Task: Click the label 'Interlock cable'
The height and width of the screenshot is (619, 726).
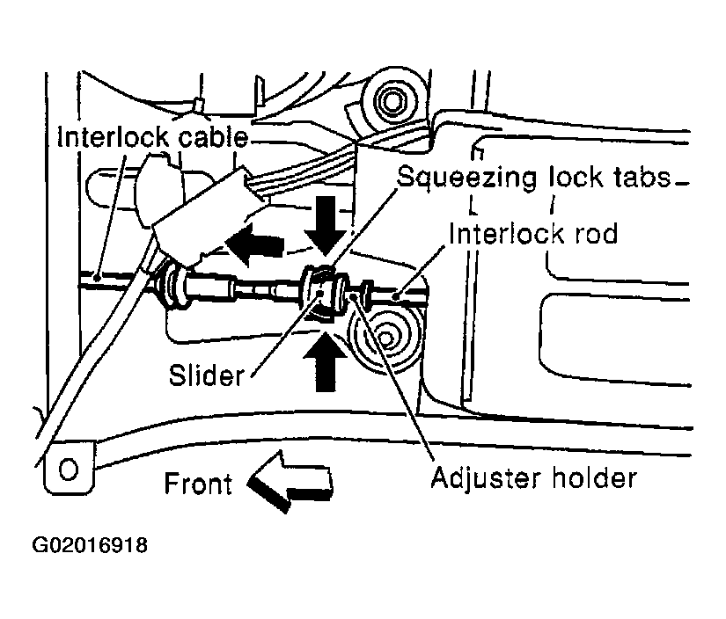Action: [152, 138]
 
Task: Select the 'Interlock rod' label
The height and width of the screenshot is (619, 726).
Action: [532, 234]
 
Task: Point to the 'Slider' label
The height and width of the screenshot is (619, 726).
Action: [206, 376]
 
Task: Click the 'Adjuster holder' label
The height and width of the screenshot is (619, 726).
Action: [532, 479]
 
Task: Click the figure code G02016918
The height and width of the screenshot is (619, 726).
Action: [90, 546]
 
